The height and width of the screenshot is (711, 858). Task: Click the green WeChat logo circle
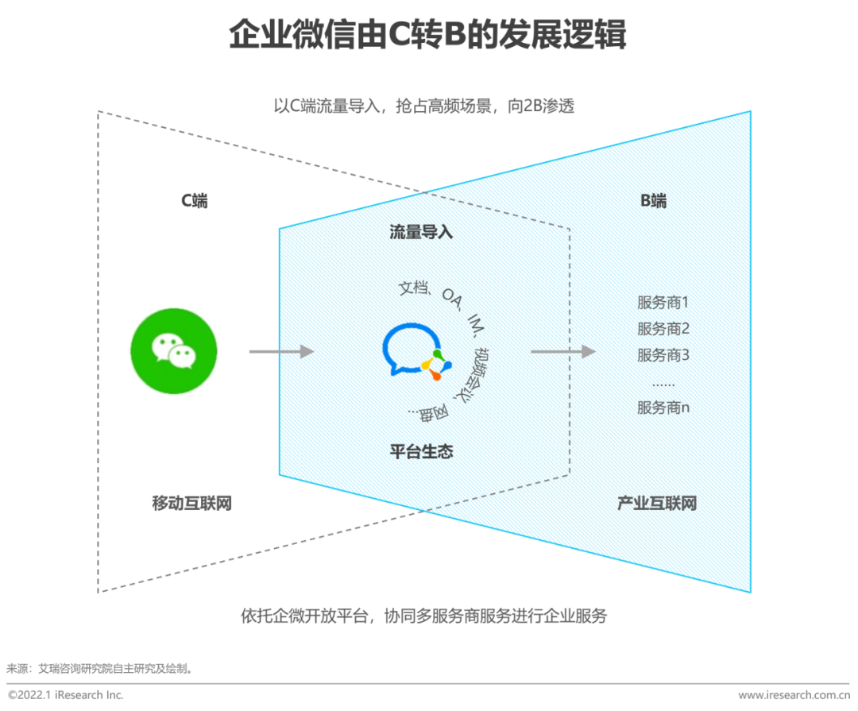tap(173, 350)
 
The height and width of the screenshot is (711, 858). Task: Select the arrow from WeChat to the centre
tap(282, 351)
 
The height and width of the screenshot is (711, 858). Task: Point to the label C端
tap(194, 201)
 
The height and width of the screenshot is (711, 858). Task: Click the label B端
tap(654, 201)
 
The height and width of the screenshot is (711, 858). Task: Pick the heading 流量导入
tap(421, 232)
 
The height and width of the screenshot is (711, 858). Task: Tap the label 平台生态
tap(421, 452)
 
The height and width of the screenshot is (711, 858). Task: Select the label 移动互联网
tap(192, 503)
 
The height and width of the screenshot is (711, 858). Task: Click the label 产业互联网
tap(657, 503)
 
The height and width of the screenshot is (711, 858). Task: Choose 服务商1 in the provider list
tap(663, 303)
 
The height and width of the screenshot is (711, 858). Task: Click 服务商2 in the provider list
tap(663, 329)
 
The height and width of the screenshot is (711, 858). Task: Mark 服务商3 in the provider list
tap(663, 355)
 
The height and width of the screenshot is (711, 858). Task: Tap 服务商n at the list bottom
tap(663, 408)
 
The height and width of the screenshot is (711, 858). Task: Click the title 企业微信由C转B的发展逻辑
tap(428, 36)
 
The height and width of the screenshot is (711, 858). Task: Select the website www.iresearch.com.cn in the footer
tap(794, 695)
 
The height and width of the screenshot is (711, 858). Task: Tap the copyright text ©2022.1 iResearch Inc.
tap(66, 695)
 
